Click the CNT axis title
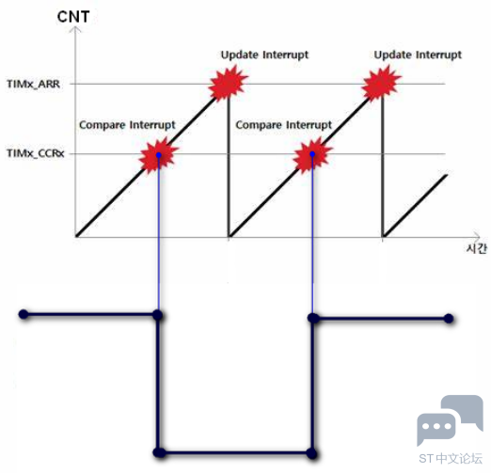(73, 17)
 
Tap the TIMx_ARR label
(33, 84)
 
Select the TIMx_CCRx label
(36, 153)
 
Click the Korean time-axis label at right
(477, 248)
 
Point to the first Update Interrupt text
(264, 55)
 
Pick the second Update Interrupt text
(418, 55)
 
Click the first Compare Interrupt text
(127, 125)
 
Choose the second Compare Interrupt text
(283, 125)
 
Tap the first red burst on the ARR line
(228, 83)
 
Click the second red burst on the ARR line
(381, 83)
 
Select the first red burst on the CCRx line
(158, 154)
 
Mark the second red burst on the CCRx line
(312, 154)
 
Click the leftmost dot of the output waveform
(24, 314)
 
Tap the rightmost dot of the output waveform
(449, 319)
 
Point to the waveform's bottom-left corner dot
(159, 453)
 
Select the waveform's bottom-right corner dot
(312, 453)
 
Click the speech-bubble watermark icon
(450, 420)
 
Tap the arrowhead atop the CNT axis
(75, 29)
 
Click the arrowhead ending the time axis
(476, 237)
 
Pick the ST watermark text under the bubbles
(451, 459)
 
